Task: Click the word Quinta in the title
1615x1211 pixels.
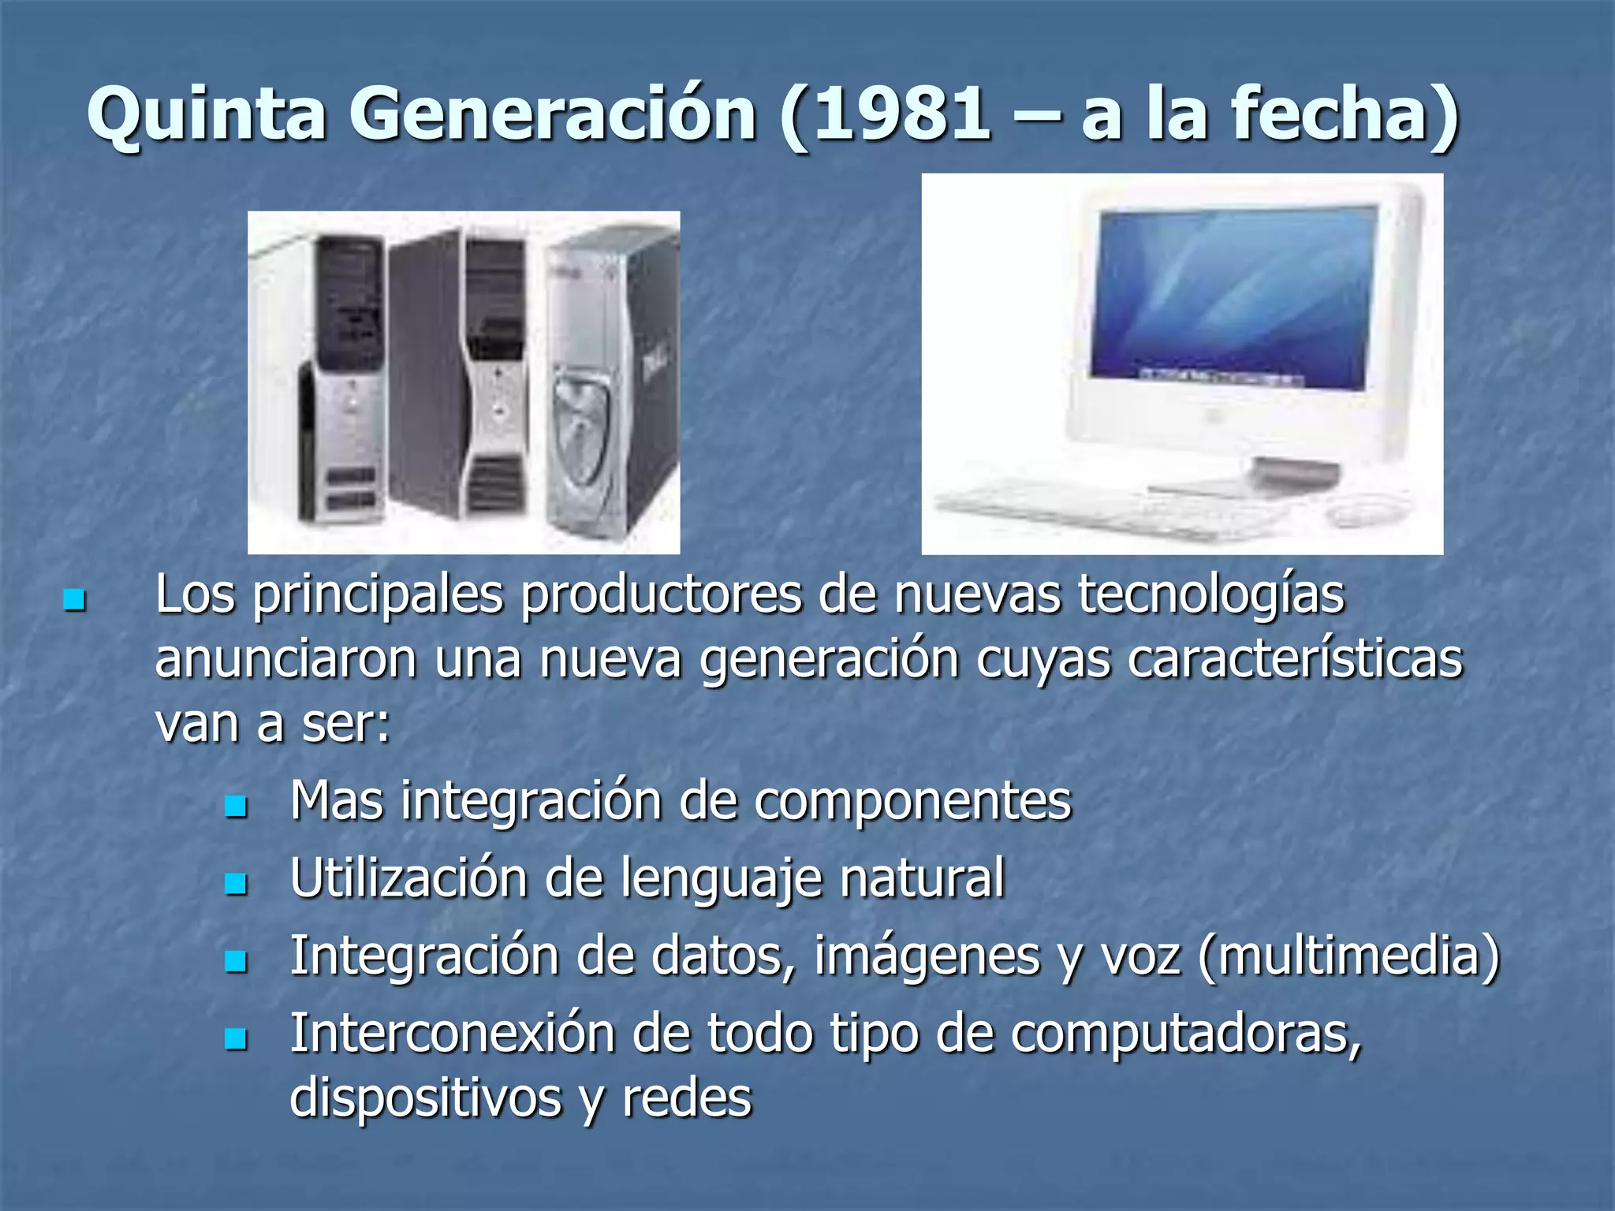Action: point(207,114)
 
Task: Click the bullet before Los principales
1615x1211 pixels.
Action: point(74,601)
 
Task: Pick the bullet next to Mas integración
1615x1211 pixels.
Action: point(235,806)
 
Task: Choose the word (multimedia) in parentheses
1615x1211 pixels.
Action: point(1348,956)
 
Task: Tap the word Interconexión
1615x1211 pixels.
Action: point(452,1033)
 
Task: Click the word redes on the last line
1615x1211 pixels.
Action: point(686,1097)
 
